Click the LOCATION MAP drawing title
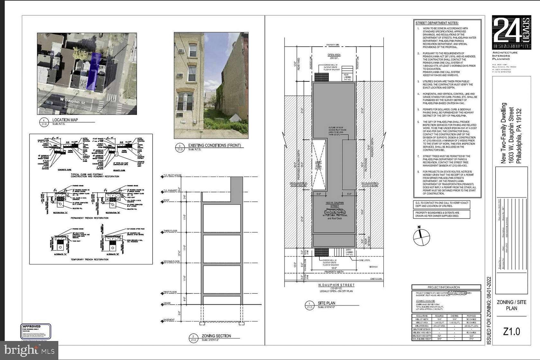point(65,120)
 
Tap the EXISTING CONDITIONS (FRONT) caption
point(214,145)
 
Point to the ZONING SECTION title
point(216,336)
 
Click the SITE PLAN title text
point(327,303)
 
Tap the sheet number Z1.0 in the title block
point(511,331)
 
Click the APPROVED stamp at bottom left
point(36,331)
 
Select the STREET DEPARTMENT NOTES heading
point(437,23)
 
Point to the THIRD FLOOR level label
point(170,231)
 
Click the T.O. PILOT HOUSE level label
point(173,176)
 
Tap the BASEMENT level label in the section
point(169,320)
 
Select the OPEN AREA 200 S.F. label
point(334,57)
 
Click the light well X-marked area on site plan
point(319,165)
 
